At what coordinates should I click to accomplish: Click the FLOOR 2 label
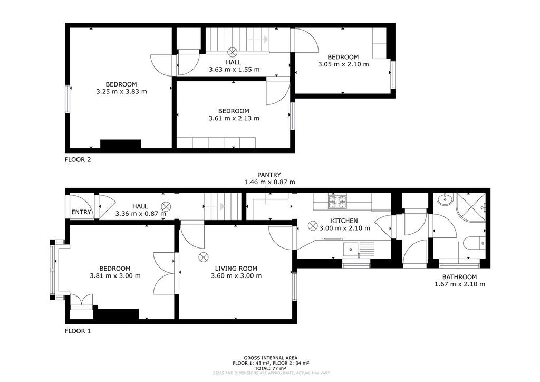(78, 160)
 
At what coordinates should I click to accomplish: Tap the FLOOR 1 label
(78, 331)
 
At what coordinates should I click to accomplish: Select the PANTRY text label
(269, 175)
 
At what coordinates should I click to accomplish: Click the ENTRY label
(81, 212)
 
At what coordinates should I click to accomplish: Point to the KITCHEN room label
(344, 221)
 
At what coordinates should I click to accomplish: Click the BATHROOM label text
(459, 277)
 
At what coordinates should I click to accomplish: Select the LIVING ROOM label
(236, 269)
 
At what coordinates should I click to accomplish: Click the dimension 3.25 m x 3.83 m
(121, 92)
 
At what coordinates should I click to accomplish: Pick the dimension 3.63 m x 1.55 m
(234, 70)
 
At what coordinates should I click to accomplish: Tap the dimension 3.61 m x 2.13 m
(234, 119)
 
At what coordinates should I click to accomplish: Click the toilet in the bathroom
(474, 243)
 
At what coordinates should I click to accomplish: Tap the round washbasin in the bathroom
(445, 199)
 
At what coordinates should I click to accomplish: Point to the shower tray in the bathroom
(471, 207)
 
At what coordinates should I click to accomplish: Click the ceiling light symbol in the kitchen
(313, 226)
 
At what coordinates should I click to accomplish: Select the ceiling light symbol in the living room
(203, 257)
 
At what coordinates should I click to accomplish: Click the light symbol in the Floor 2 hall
(233, 52)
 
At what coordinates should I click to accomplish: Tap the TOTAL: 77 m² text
(271, 368)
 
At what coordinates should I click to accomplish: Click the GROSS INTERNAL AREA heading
(271, 358)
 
